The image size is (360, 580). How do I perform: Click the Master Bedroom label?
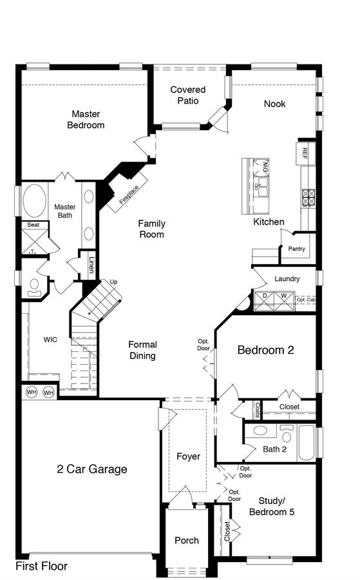[86, 119]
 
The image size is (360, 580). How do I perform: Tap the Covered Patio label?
[188, 95]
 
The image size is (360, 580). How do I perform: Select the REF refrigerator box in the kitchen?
[306, 153]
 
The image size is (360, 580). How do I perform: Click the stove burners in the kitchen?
[308, 197]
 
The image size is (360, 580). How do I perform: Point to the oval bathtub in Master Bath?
[35, 200]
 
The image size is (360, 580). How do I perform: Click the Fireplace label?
[129, 194]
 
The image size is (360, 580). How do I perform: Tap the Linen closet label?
[91, 266]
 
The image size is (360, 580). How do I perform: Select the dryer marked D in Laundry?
[264, 302]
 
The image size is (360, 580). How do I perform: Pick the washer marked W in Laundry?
[284, 302]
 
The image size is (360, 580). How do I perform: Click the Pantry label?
[296, 249]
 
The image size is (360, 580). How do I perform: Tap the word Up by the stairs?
[113, 282]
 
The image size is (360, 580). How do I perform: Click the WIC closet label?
[50, 340]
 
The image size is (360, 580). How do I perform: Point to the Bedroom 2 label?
[265, 350]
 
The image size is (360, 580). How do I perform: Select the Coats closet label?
[257, 410]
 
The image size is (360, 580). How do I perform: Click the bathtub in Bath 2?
[307, 443]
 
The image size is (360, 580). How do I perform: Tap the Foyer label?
[188, 456]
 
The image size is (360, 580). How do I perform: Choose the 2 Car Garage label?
[92, 469]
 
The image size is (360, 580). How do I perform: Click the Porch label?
[187, 541]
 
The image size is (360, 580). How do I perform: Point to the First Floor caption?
[41, 566]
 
